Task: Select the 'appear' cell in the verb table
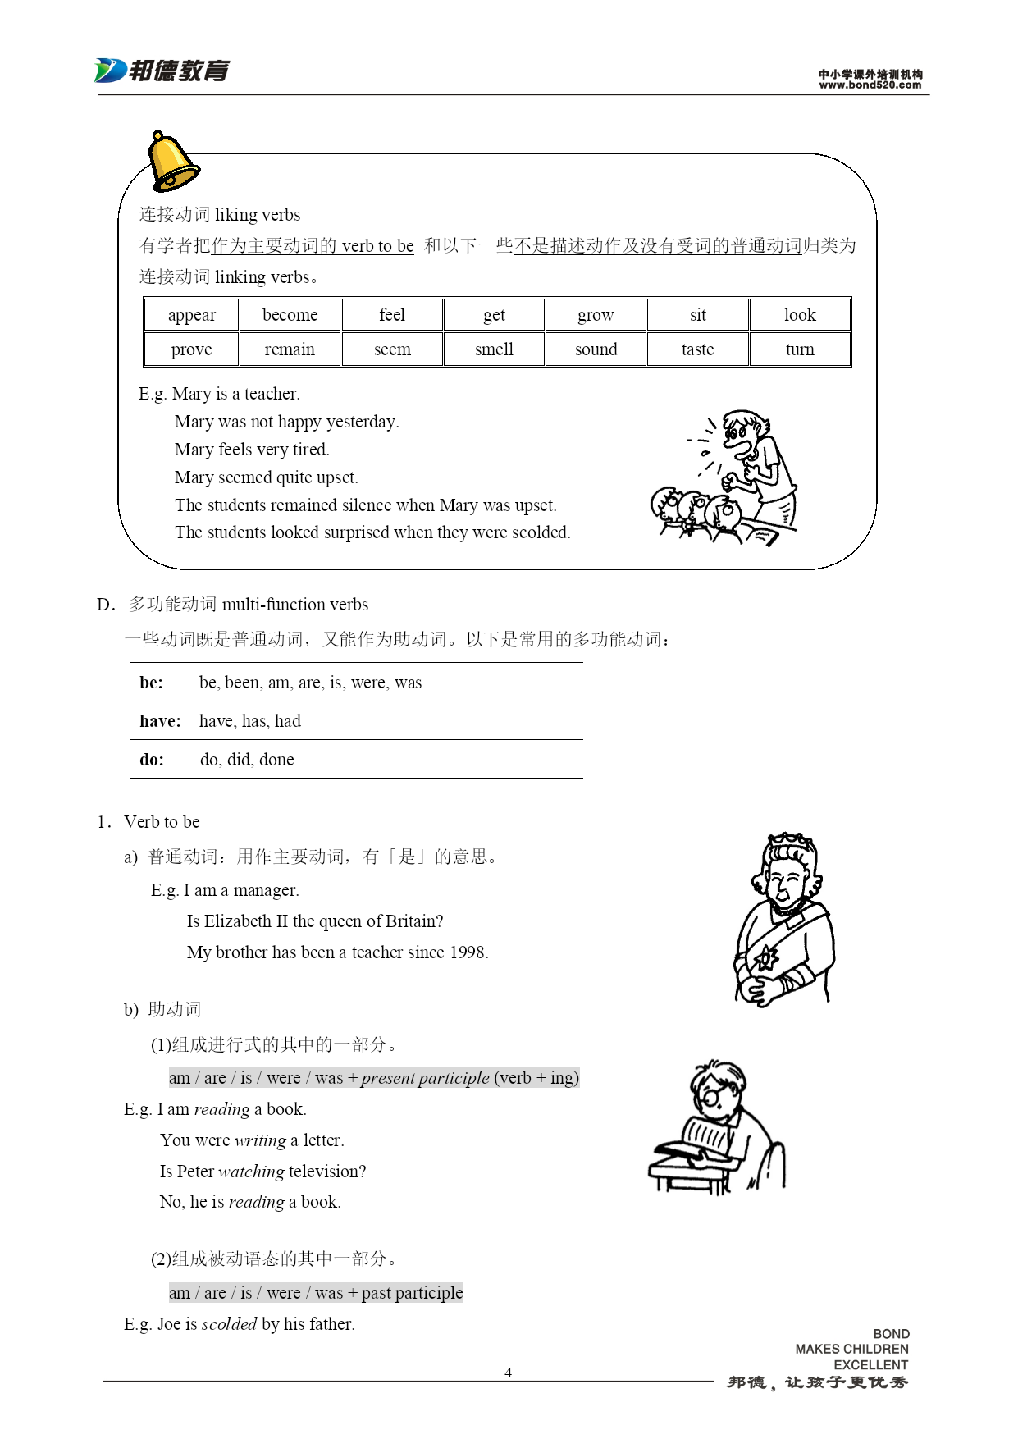click(192, 315)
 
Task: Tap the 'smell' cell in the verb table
click(494, 349)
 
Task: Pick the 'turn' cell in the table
click(800, 349)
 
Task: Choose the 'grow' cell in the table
click(596, 315)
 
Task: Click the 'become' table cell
click(290, 315)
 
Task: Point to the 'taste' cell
click(697, 349)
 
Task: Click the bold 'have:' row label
click(160, 721)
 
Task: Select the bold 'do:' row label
click(152, 760)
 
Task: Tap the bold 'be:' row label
click(152, 683)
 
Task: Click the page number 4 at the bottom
click(508, 1373)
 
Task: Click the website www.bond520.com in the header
click(870, 85)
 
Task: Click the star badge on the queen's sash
click(767, 957)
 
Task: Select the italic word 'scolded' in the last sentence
click(229, 1324)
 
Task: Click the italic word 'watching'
click(251, 1172)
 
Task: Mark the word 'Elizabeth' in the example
click(237, 921)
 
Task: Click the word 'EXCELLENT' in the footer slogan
click(870, 1365)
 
